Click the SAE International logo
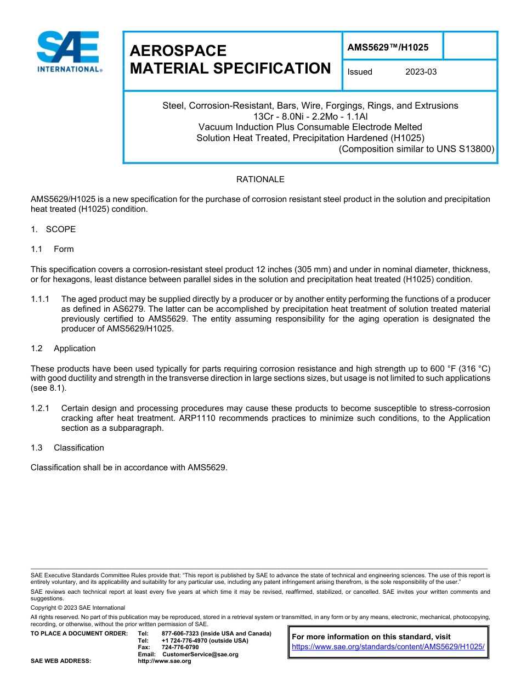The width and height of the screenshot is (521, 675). coord(69,52)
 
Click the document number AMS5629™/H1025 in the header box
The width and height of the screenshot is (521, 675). coord(388,47)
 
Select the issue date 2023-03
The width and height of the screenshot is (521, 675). coord(421,72)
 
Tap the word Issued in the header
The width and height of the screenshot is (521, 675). coord(360,72)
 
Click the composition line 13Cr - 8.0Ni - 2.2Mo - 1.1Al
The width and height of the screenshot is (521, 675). coord(310,116)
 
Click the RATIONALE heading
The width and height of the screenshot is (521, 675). coord(260,179)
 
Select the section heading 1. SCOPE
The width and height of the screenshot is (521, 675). coord(53,229)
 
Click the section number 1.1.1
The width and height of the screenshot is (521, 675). coord(40,299)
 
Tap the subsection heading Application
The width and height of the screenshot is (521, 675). coord(75,348)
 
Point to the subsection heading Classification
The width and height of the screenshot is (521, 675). coord(78,448)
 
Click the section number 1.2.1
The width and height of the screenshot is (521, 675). coord(40,408)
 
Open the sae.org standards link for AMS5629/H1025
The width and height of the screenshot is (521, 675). coord(388,646)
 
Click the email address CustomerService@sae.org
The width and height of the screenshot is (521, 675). coord(201,654)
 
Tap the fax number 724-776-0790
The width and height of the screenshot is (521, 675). coord(180,648)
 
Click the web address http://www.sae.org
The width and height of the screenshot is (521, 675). coord(164,661)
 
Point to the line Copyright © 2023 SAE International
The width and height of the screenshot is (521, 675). coord(78,607)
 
